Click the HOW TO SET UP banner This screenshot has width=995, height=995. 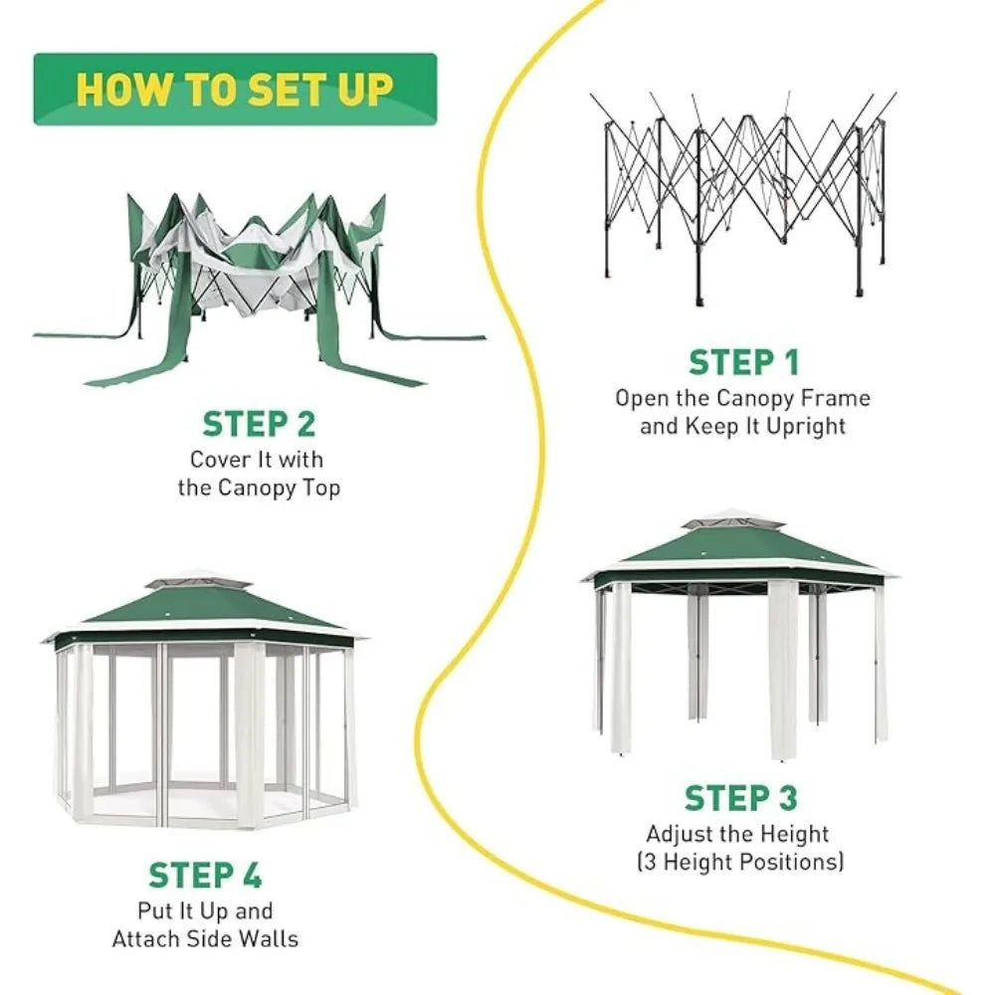point(235,90)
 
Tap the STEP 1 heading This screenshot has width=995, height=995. point(743,363)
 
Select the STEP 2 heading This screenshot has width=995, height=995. point(259,424)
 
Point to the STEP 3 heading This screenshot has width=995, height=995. point(741,798)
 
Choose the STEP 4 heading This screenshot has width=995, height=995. point(205,876)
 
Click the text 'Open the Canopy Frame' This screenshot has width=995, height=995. point(742,399)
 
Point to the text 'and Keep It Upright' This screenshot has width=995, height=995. point(742,427)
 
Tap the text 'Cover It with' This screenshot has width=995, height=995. point(257,460)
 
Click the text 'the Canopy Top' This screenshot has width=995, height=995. point(259,488)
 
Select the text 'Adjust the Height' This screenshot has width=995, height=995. point(737,834)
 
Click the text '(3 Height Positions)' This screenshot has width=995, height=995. point(740,862)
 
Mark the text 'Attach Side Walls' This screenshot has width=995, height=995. point(205,938)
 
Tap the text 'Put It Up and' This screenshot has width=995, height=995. point(205,910)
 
